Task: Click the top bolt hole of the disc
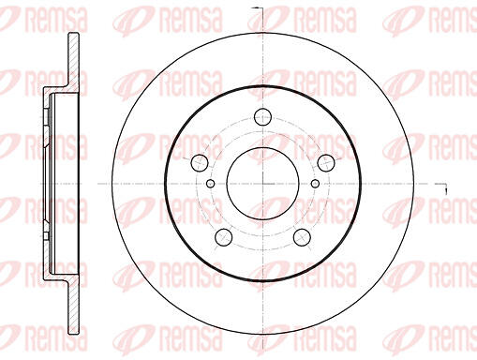pos(263,117)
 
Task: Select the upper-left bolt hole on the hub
pos(200,163)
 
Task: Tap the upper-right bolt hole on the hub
pos(326,163)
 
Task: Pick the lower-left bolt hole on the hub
pos(224,237)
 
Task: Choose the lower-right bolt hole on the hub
pos(302,237)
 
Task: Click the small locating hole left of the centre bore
pos(211,184)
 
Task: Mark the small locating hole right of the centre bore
pos(315,184)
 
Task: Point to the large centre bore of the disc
pos(263,184)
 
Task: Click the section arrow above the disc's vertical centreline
pos(259,7)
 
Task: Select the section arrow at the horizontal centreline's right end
pos(441,187)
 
